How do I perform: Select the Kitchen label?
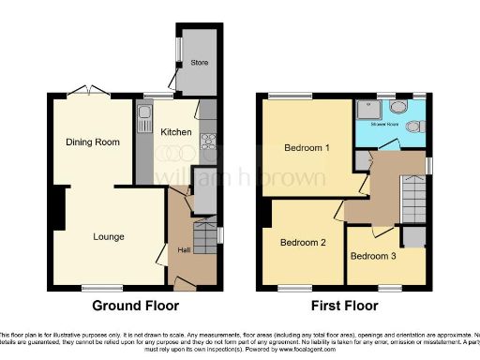[x=176, y=132]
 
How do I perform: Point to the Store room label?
[x=199, y=64]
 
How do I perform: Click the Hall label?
[x=184, y=250]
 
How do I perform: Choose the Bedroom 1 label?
[x=307, y=148]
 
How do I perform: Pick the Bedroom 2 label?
[x=304, y=243]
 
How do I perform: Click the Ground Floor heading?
[x=135, y=306]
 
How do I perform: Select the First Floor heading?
[x=346, y=306]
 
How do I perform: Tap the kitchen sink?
[x=144, y=119]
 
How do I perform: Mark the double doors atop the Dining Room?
[x=92, y=91]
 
